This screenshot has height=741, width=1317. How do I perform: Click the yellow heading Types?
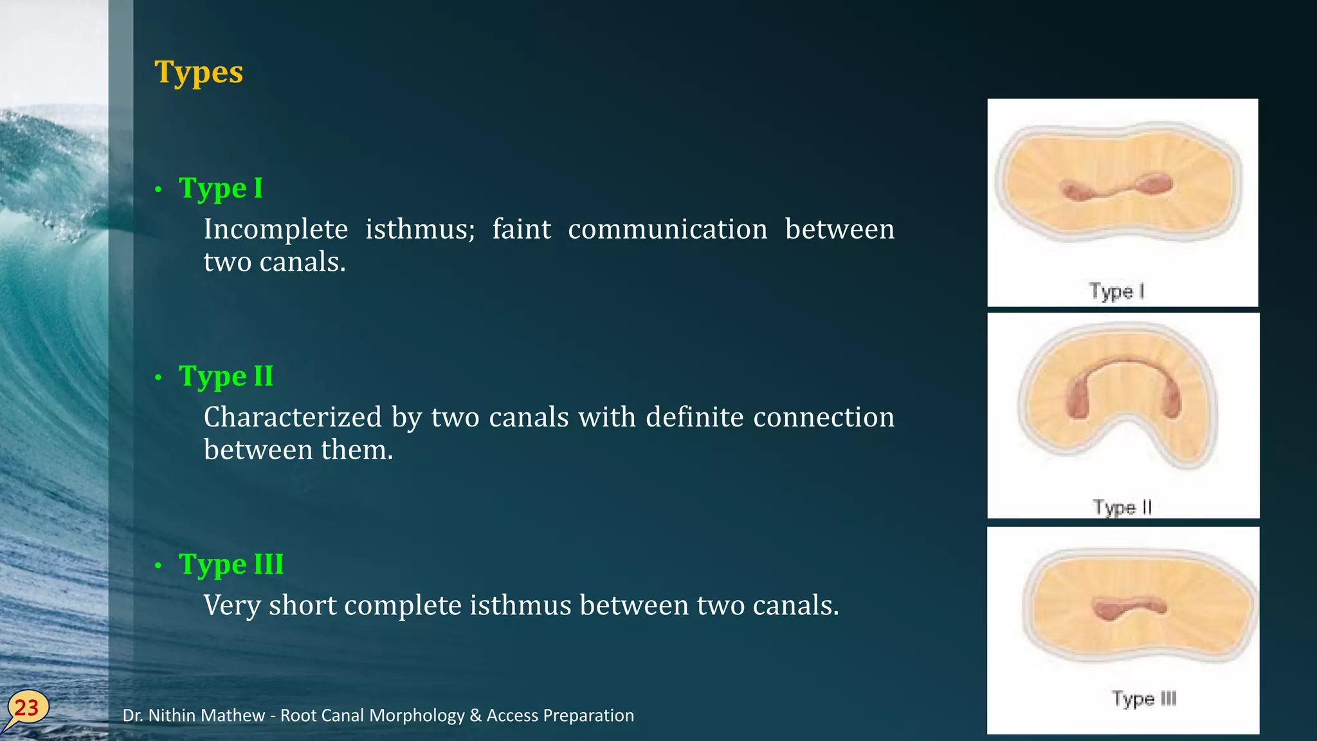pyautogui.click(x=199, y=72)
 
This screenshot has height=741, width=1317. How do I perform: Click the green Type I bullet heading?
pyautogui.click(x=221, y=188)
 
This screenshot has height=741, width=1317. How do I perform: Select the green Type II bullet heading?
pyautogui.click(x=226, y=376)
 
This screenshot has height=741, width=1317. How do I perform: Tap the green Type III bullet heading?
pyautogui.click(x=231, y=564)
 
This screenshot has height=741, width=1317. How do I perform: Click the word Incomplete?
pyautogui.click(x=276, y=229)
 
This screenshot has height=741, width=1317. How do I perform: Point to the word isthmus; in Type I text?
pyautogui.click(x=420, y=229)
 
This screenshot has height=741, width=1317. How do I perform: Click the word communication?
pyautogui.click(x=668, y=229)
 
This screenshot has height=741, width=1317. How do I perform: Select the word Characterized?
pyautogui.click(x=293, y=417)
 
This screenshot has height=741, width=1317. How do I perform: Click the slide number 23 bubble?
pyautogui.click(x=27, y=708)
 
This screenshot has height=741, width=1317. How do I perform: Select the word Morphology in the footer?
pyautogui.click(x=417, y=715)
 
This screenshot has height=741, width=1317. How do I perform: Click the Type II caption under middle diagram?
pyautogui.click(x=1122, y=508)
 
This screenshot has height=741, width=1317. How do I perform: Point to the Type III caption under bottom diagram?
pyautogui.click(x=1144, y=699)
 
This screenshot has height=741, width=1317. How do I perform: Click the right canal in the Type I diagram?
pyautogui.click(x=1156, y=185)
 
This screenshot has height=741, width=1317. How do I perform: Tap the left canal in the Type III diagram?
pyautogui.click(x=1107, y=608)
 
